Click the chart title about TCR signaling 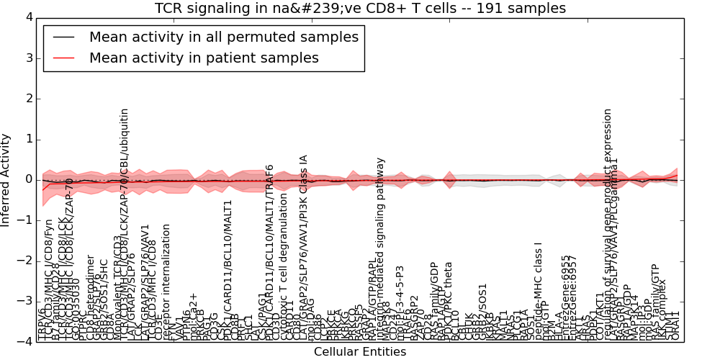click(x=360, y=9)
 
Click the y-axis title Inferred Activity click(x=6, y=179)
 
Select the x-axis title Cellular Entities click(x=360, y=352)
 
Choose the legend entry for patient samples click(x=204, y=58)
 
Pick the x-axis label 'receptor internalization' click(x=166, y=281)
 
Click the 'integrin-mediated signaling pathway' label click(x=381, y=248)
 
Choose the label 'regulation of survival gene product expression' click(x=608, y=223)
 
